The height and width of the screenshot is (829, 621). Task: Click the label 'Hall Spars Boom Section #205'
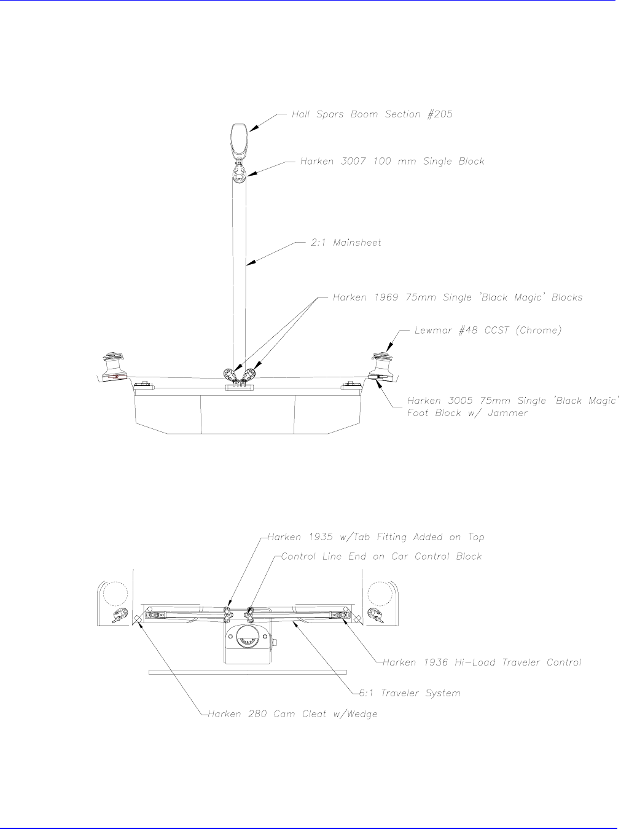click(372, 114)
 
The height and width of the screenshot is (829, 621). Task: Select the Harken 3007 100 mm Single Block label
click(393, 161)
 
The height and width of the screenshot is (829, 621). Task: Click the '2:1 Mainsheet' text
click(346, 243)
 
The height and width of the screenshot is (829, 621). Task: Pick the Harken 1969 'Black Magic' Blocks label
click(458, 297)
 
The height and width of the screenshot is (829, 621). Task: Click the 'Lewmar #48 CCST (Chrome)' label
click(488, 330)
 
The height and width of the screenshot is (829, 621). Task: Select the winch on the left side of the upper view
click(115, 367)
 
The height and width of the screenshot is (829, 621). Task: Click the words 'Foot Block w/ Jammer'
click(467, 413)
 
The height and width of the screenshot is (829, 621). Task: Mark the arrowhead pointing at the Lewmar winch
click(389, 348)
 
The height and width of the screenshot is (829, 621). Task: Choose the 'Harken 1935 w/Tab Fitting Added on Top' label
click(376, 537)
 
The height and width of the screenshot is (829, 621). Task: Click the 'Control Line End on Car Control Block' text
click(381, 556)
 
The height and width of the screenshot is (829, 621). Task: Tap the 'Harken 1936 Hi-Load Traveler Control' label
click(482, 662)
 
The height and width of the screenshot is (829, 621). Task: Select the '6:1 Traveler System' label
click(410, 693)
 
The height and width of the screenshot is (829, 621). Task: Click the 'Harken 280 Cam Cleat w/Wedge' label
click(292, 714)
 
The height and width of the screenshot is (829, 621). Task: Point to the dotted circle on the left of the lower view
click(115, 594)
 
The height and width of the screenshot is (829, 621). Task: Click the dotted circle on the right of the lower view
click(380, 594)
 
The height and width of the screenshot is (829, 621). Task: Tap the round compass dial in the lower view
click(248, 635)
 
